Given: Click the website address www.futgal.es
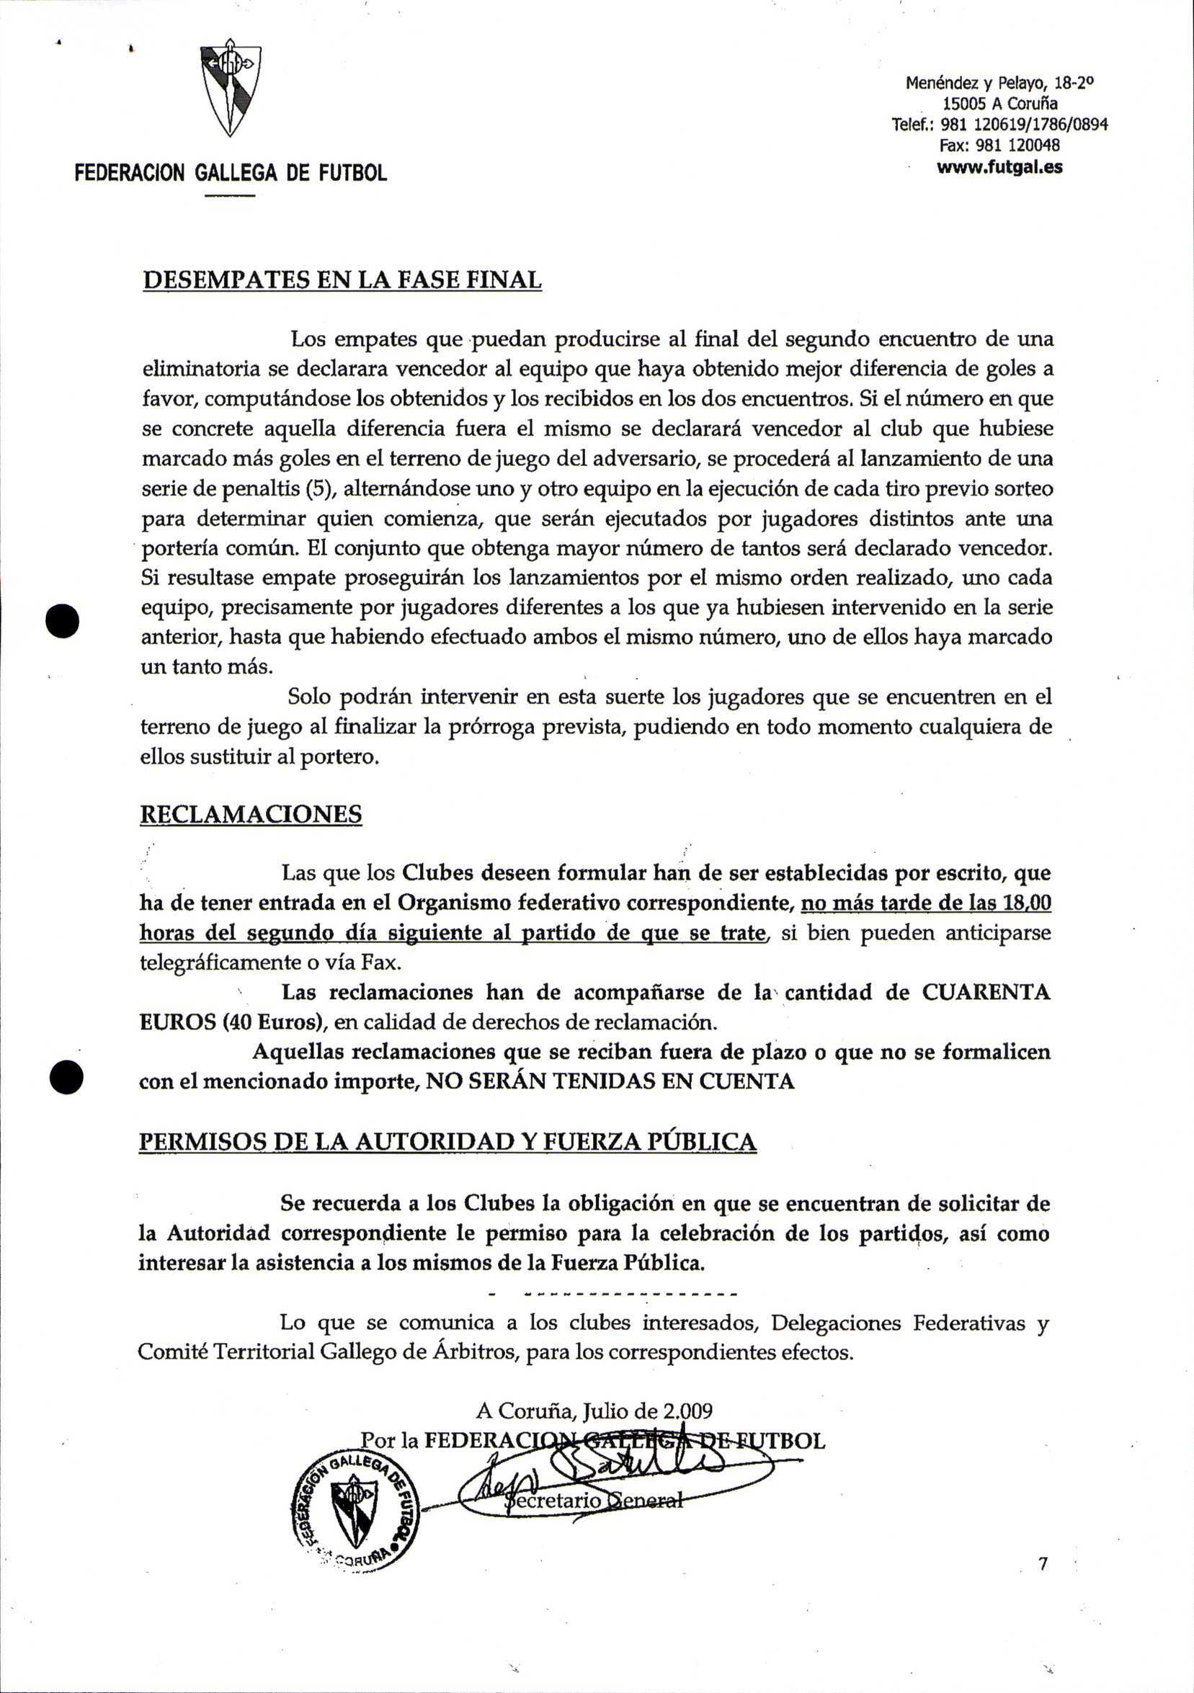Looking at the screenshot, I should [999, 167].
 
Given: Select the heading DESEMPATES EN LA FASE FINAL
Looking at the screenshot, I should [342, 280].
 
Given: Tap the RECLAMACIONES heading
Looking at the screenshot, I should [251, 814].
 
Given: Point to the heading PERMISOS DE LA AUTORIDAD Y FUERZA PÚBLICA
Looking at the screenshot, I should [447, 1142].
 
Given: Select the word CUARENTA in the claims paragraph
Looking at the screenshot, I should [986, 993].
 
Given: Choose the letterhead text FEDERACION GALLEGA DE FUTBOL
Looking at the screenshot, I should [231, 174].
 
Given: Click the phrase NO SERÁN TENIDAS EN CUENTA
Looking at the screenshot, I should [610, 1082].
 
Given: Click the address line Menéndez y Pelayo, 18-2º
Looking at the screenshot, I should [999, 84].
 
